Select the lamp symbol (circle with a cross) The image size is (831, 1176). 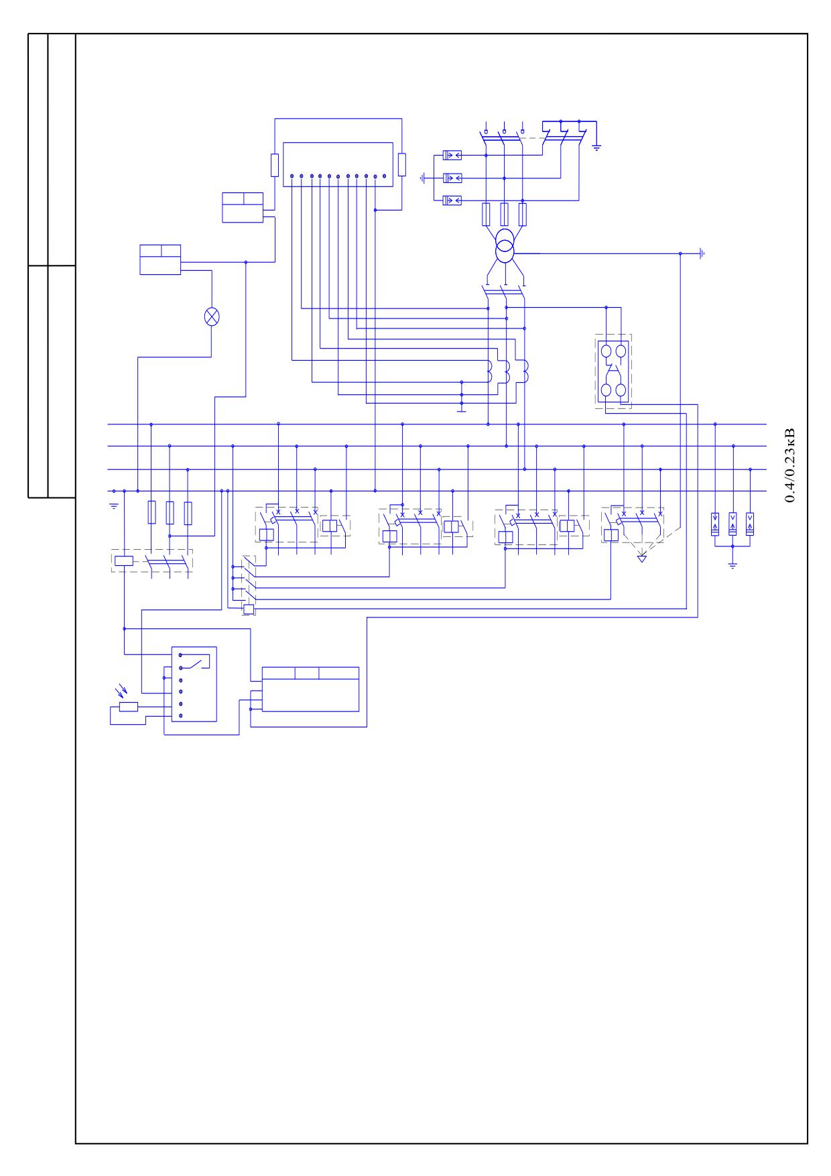pos(212,316)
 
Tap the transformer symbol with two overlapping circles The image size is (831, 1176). pos(506,249)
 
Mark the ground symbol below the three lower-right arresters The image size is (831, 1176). pos(732,565)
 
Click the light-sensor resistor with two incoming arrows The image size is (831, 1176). pos(128,706)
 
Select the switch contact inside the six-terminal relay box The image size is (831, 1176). pos(198,664)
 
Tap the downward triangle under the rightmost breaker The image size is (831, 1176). pos(642,558)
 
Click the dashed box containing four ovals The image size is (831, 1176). pos(613,371)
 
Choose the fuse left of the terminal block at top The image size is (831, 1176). pos(275,164)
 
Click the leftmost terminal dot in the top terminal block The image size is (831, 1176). pos(292,176)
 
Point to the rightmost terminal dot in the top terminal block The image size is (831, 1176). pos(384,176)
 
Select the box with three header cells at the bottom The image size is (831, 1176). pos(310,689)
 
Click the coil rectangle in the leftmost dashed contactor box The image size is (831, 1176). pos(124,561)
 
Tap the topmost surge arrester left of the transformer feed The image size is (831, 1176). pos(452,156)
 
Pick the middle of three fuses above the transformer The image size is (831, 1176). pos(505,214)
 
